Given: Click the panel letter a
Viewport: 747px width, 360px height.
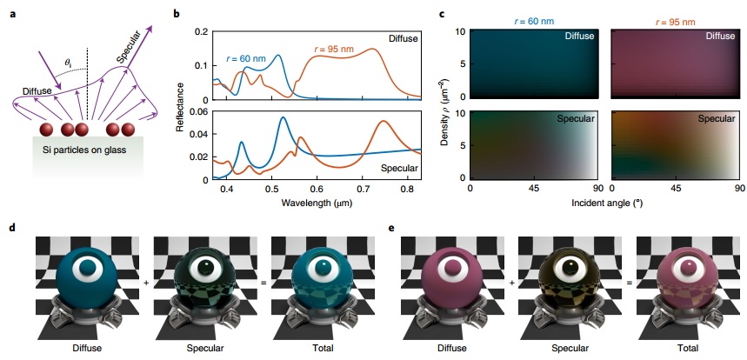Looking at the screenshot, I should [11, 15].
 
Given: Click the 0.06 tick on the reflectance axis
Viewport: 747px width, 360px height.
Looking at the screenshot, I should [199, 112].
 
